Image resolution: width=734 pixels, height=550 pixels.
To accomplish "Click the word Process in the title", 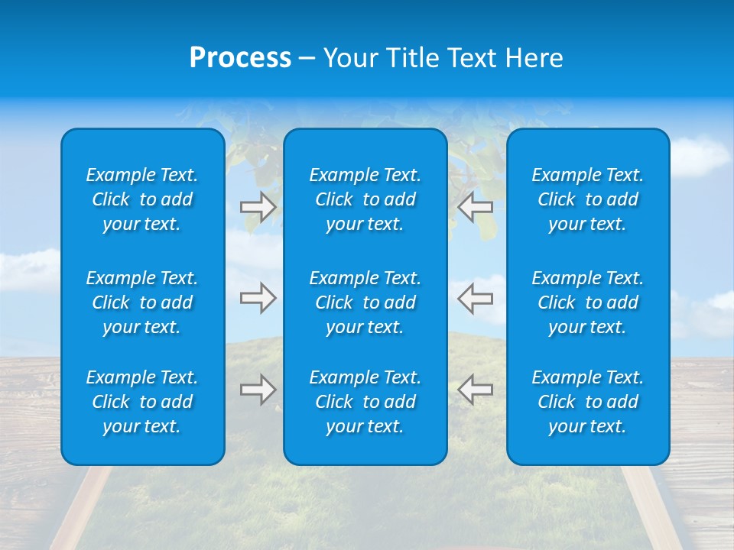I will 240,58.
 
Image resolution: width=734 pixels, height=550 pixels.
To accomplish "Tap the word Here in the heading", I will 533,58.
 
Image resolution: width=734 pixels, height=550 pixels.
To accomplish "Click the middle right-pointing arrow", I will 258,298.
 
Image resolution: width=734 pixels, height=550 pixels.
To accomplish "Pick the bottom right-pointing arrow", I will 258,390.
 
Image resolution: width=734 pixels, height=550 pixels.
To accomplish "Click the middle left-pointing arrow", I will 475,298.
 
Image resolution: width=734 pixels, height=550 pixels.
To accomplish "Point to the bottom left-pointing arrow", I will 475,390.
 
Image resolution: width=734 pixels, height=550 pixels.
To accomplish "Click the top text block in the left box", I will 142,199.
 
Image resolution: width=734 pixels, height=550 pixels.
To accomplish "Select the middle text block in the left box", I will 142,302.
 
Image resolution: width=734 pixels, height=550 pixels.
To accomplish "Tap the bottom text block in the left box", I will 142,402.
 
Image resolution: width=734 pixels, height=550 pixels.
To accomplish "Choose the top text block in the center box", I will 365,199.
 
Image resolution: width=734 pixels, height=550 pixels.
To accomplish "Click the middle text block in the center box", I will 365,302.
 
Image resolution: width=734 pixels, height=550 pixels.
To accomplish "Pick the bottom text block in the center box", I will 365,402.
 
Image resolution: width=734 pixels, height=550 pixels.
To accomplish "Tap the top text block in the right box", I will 588,199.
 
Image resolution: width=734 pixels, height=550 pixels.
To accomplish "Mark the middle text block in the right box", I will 588,302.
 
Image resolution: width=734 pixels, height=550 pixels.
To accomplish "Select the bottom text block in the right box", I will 588,402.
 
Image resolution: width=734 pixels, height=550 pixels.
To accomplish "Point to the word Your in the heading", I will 348,58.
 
